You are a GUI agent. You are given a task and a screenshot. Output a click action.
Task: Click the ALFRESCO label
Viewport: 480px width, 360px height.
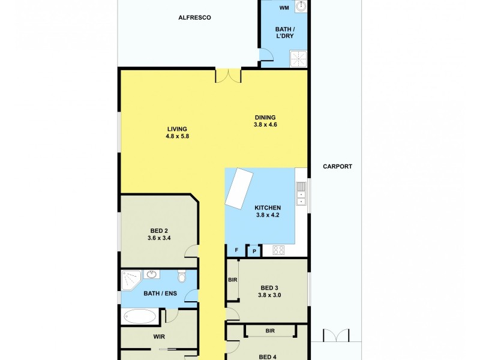point(194,18)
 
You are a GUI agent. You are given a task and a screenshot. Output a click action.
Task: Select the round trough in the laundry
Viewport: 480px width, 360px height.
point(301,8)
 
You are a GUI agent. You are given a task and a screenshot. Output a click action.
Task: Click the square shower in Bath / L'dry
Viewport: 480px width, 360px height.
point(298,59)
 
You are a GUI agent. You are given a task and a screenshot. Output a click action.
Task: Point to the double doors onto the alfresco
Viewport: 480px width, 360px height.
point(228,76)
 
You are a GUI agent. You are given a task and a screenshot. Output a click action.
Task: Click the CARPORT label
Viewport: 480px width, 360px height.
point(337,167)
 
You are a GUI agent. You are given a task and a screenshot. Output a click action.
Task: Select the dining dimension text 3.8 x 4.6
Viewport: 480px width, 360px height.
point(265,125)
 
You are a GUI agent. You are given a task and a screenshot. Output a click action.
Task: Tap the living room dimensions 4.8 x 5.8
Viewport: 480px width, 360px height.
point(177,136)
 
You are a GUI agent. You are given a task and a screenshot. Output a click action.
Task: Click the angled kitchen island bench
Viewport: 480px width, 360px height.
point(238,188)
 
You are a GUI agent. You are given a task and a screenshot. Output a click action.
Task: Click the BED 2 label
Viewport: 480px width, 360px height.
point(159,230)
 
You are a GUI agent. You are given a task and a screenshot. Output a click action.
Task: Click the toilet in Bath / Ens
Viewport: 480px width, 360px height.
point(182,276)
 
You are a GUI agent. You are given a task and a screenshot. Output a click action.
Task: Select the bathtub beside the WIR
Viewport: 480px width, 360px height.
point(139,317)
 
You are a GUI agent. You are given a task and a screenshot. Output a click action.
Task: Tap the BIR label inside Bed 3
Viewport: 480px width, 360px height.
point(232,280)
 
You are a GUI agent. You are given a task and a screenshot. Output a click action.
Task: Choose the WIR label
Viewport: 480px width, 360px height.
point(158,337)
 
